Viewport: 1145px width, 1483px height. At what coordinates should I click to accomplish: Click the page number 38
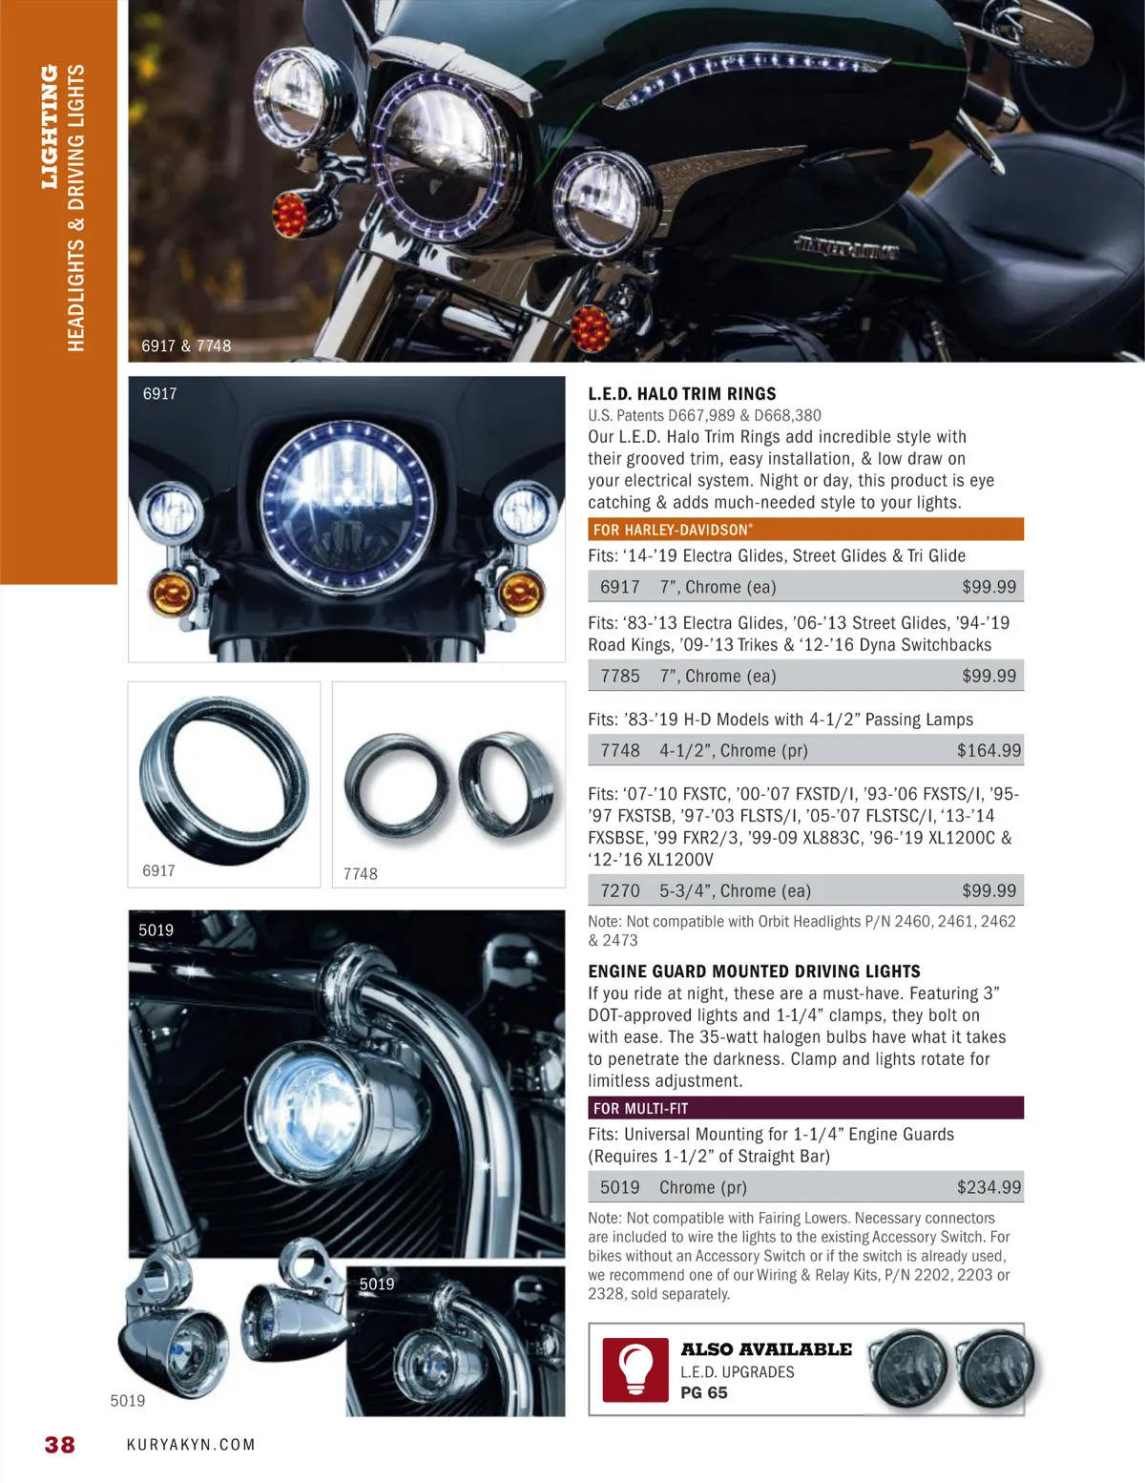[x=60, y=1444]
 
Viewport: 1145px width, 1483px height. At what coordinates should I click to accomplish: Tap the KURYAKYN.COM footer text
[x=191, y=1445]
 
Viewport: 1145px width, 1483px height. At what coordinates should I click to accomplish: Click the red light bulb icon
[x=635, y=1369]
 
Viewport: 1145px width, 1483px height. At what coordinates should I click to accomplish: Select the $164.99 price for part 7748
[x=989, y=751]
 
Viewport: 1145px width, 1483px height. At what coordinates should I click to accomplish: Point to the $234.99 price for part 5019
[x=989, y=1187]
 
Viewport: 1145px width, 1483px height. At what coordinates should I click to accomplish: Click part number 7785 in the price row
[x=620, y=677]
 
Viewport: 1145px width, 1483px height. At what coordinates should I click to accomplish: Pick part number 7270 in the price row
[x=620, y=890]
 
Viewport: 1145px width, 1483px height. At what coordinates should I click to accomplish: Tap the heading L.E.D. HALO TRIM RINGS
[x=681, y=394]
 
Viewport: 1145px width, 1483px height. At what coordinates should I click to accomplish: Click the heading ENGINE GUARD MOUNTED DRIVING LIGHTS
[x=754, y=971]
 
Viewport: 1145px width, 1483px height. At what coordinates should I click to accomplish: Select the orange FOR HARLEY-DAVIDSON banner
[x=806, y=530]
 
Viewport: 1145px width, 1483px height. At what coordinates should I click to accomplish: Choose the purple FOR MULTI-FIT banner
[x=806, y=1108]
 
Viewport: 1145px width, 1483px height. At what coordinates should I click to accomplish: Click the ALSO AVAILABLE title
[x=765, y=1349]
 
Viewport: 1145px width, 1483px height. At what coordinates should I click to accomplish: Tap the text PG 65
[x=703, y=1393]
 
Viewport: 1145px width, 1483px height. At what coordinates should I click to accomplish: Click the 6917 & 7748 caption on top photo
[x=186, y=346]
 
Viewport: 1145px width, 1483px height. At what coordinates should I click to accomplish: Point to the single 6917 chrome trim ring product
[x=224, y=780]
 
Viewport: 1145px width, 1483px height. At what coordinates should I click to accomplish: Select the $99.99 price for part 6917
[x=989, y=587]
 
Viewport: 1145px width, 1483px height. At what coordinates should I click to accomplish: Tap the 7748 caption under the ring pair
[x=361, y=873]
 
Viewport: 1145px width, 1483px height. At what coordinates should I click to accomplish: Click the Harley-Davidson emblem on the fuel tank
[x=846, y=247]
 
